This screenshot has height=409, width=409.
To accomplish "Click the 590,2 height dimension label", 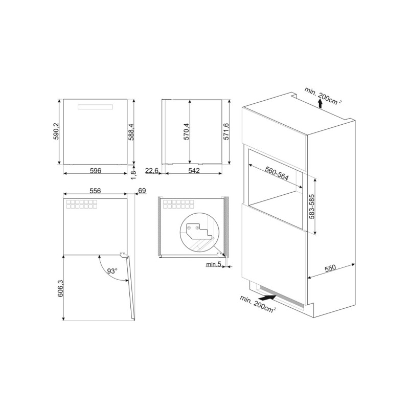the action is (x=57, y=132).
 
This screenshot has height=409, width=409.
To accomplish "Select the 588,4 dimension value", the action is (x=131, y=132).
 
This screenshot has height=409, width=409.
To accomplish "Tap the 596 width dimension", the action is (x=96, y=171).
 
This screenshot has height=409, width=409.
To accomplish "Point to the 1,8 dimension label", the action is (x=133, y=175).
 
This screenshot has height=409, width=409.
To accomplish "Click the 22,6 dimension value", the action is (x=151, y=171).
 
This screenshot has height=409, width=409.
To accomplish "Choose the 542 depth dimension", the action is (x=194, y=171).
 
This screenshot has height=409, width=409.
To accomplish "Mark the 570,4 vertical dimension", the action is (x=186, y=131).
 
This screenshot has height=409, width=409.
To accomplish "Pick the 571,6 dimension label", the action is (x=226, y=131).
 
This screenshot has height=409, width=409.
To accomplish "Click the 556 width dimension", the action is (x=95, y=191).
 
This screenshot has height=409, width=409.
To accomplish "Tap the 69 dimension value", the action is (x=142, y=191).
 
